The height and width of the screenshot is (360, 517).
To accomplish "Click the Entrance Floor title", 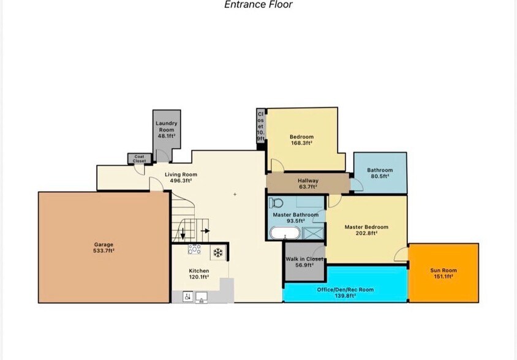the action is click(258, 4).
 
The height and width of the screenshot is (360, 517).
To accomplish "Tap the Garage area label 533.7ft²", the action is click(104, 250).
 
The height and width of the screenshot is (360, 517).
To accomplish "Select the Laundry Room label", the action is click(167, 126).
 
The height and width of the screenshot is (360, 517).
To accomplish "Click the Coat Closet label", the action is click(139, 159).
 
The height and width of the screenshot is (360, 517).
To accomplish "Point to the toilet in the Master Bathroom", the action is click(276, 203).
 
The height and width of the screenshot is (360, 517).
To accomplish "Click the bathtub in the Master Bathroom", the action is click(285, 233).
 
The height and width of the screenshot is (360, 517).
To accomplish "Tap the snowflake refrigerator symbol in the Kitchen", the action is click(217, 253).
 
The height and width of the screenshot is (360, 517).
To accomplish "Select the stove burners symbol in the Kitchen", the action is click(195, 249).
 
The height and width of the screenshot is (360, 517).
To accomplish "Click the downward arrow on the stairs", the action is click(183, 234).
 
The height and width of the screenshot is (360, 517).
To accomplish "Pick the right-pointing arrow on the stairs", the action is click(205, 231).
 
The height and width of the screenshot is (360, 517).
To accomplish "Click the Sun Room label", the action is click(443, 271).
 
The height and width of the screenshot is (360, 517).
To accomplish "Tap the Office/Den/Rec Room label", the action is click(345, 290).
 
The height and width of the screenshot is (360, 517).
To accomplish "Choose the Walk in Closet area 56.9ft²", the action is click(304, 264).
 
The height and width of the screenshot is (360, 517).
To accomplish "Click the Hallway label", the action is click(308, 181).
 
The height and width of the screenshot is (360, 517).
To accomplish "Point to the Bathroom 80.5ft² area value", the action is click(380, 176).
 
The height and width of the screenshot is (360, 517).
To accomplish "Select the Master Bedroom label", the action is click(366, 227).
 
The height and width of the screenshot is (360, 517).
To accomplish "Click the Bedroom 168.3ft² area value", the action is click(301, 143).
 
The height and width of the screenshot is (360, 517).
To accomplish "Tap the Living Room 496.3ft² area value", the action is click(181, 181).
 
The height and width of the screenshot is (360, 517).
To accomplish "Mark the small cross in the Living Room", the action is click(235, 195).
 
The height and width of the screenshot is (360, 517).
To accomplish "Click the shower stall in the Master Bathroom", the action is click(314, 233).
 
